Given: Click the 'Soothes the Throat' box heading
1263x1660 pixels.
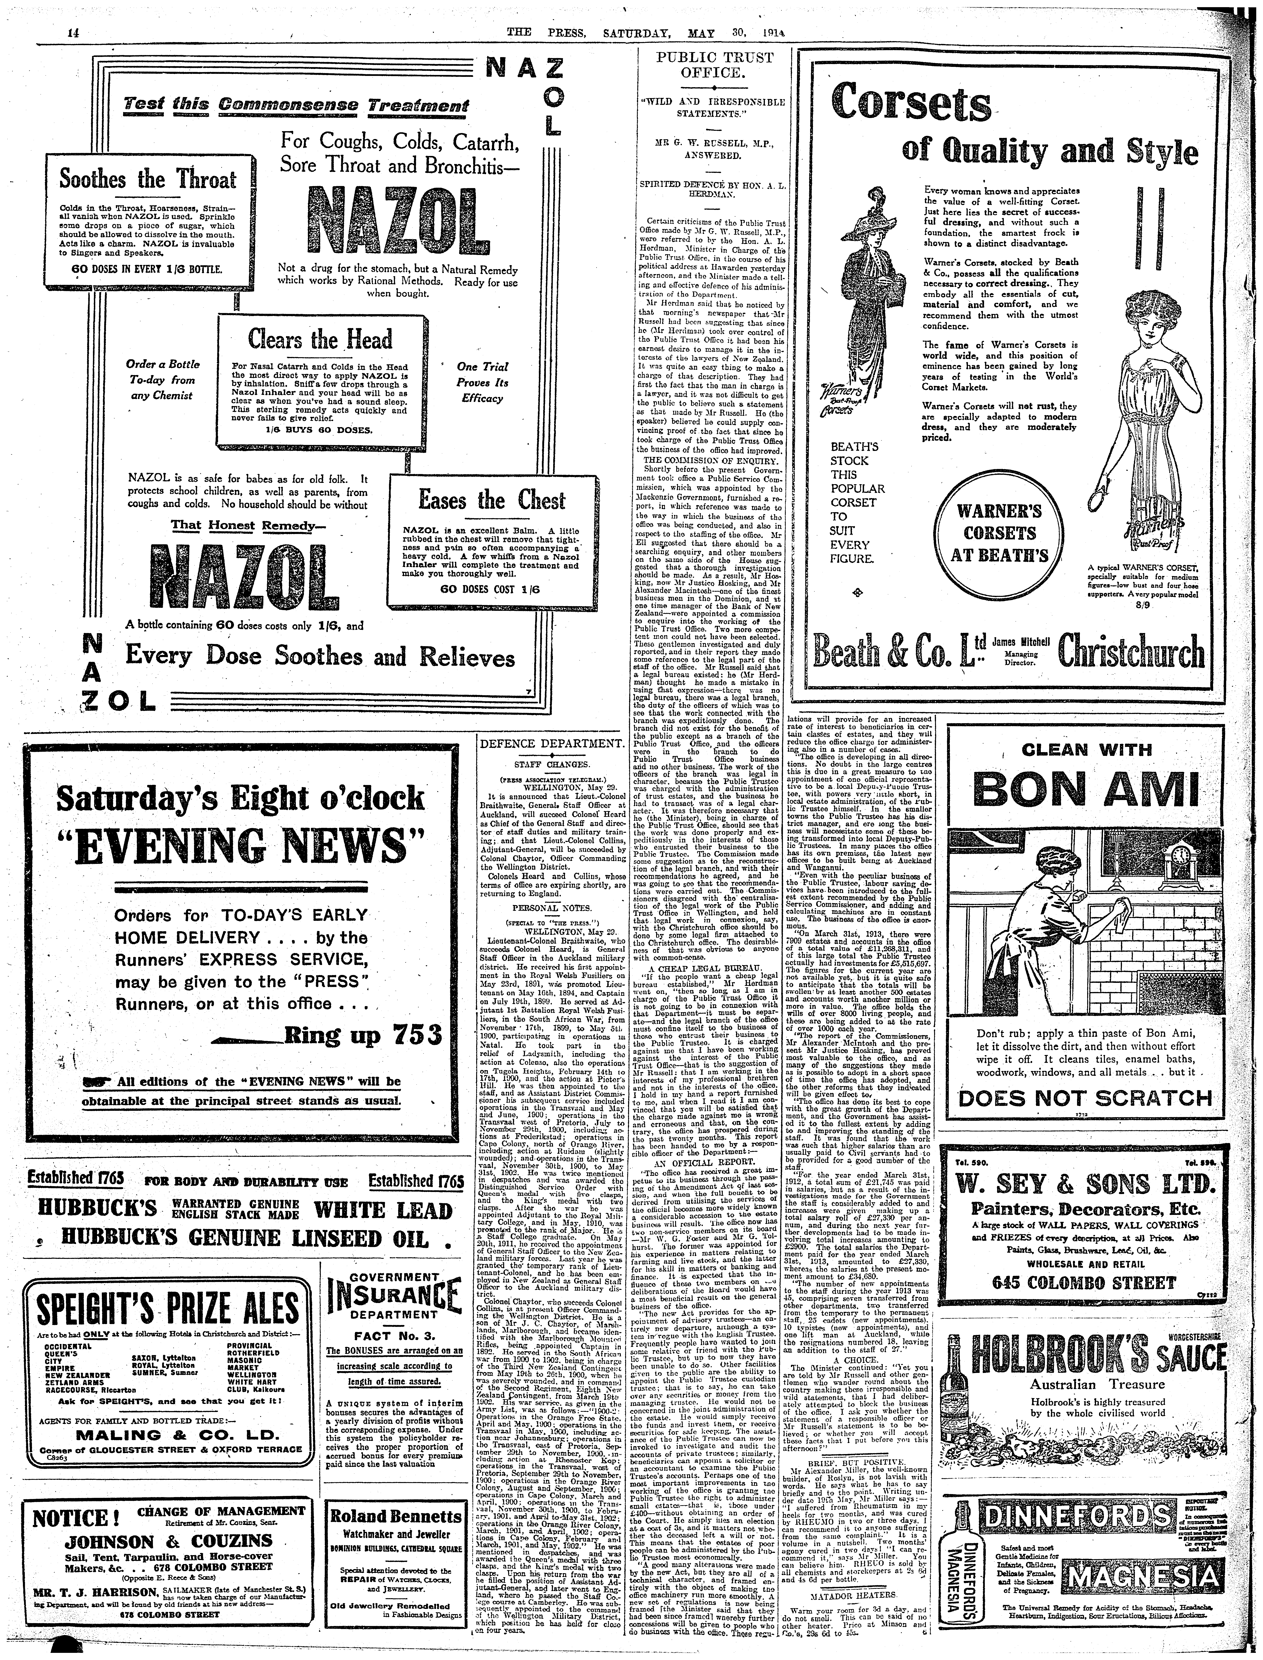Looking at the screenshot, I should point(148,180).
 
